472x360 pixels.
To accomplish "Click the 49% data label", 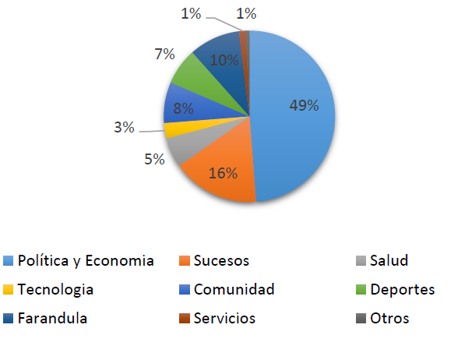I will (x=302, y=106).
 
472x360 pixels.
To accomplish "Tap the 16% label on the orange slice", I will (x=222, y=173).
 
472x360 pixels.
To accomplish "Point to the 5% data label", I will (x=154, y=159).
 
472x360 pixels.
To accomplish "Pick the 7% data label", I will (x=164, y=55).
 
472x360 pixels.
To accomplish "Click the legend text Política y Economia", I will (x=86, y=260).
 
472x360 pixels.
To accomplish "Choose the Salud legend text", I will (x=389, y=260).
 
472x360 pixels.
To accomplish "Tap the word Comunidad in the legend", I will (x=234, y=289).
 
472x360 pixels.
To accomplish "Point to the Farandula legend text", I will (x=52, y=318).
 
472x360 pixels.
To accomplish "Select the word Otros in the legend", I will (x=390, y=318).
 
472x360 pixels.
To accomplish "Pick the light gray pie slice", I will (x=187, y=146).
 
